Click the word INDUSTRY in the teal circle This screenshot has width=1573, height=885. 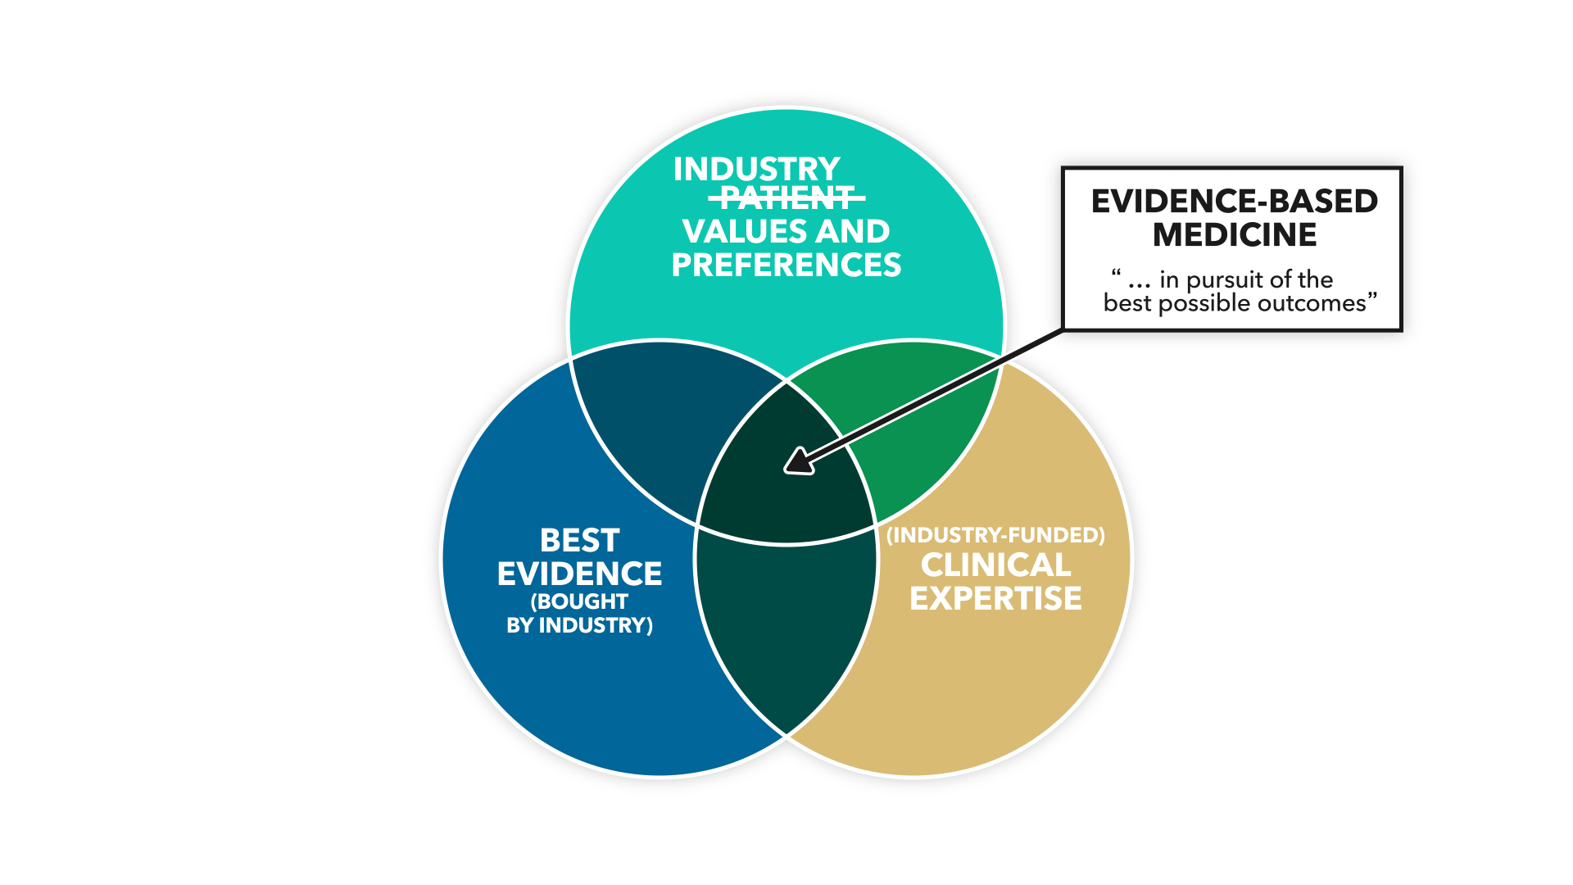coord(756,170)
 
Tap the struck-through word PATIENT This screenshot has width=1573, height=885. coord(786,197)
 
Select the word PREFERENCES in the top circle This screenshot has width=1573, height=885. coord(786,265)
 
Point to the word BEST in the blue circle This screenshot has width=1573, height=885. coord(579,541)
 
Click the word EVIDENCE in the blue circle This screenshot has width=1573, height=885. coord(579,574)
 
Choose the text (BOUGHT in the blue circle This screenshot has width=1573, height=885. coord(579,601)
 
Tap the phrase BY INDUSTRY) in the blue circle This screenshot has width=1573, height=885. coord(579,626)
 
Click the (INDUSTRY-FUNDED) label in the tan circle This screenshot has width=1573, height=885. coord(995,535)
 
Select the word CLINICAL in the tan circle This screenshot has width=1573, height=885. coord(995,565)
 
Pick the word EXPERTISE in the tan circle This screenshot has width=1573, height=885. coord(995,599)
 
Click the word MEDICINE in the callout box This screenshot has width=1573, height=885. coord(1234,235)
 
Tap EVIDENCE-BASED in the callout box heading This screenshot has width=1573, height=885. coord(1234,202)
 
